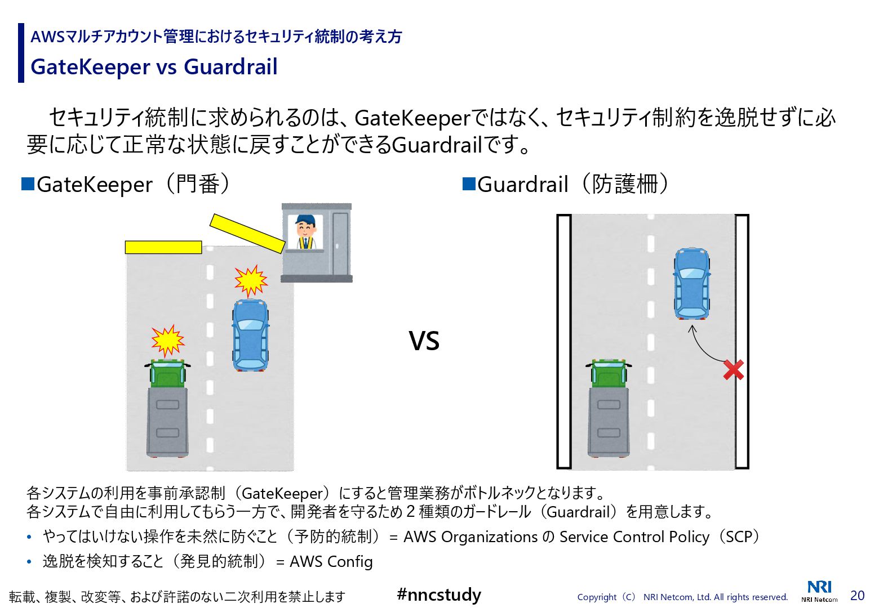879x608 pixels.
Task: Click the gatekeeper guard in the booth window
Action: coord(305,231)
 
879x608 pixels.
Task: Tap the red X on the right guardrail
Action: coord(733,370)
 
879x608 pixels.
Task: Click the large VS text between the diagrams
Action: coord(424,341)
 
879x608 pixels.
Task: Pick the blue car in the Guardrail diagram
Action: coord(692,283)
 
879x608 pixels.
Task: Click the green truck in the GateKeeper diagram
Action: coord(167,408)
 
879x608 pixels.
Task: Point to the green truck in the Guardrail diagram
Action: coord(609,408)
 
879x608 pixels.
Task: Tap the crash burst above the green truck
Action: coord(167,340)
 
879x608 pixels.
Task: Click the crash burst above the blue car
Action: coord(251,280)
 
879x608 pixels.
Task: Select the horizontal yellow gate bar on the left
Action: coord(163,247)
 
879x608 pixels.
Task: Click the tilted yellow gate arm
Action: coord(247,233)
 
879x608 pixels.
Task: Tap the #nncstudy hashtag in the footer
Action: coord(439,594)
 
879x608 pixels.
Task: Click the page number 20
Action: coord(857,596)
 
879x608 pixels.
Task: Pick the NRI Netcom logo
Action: coord(819,591)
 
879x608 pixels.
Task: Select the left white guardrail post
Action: coord(564,341)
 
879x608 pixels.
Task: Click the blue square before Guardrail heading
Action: coord(469,184)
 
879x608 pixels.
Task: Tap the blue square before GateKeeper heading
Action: coord(28,184)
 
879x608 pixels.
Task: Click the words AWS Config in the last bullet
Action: coord(331,561)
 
